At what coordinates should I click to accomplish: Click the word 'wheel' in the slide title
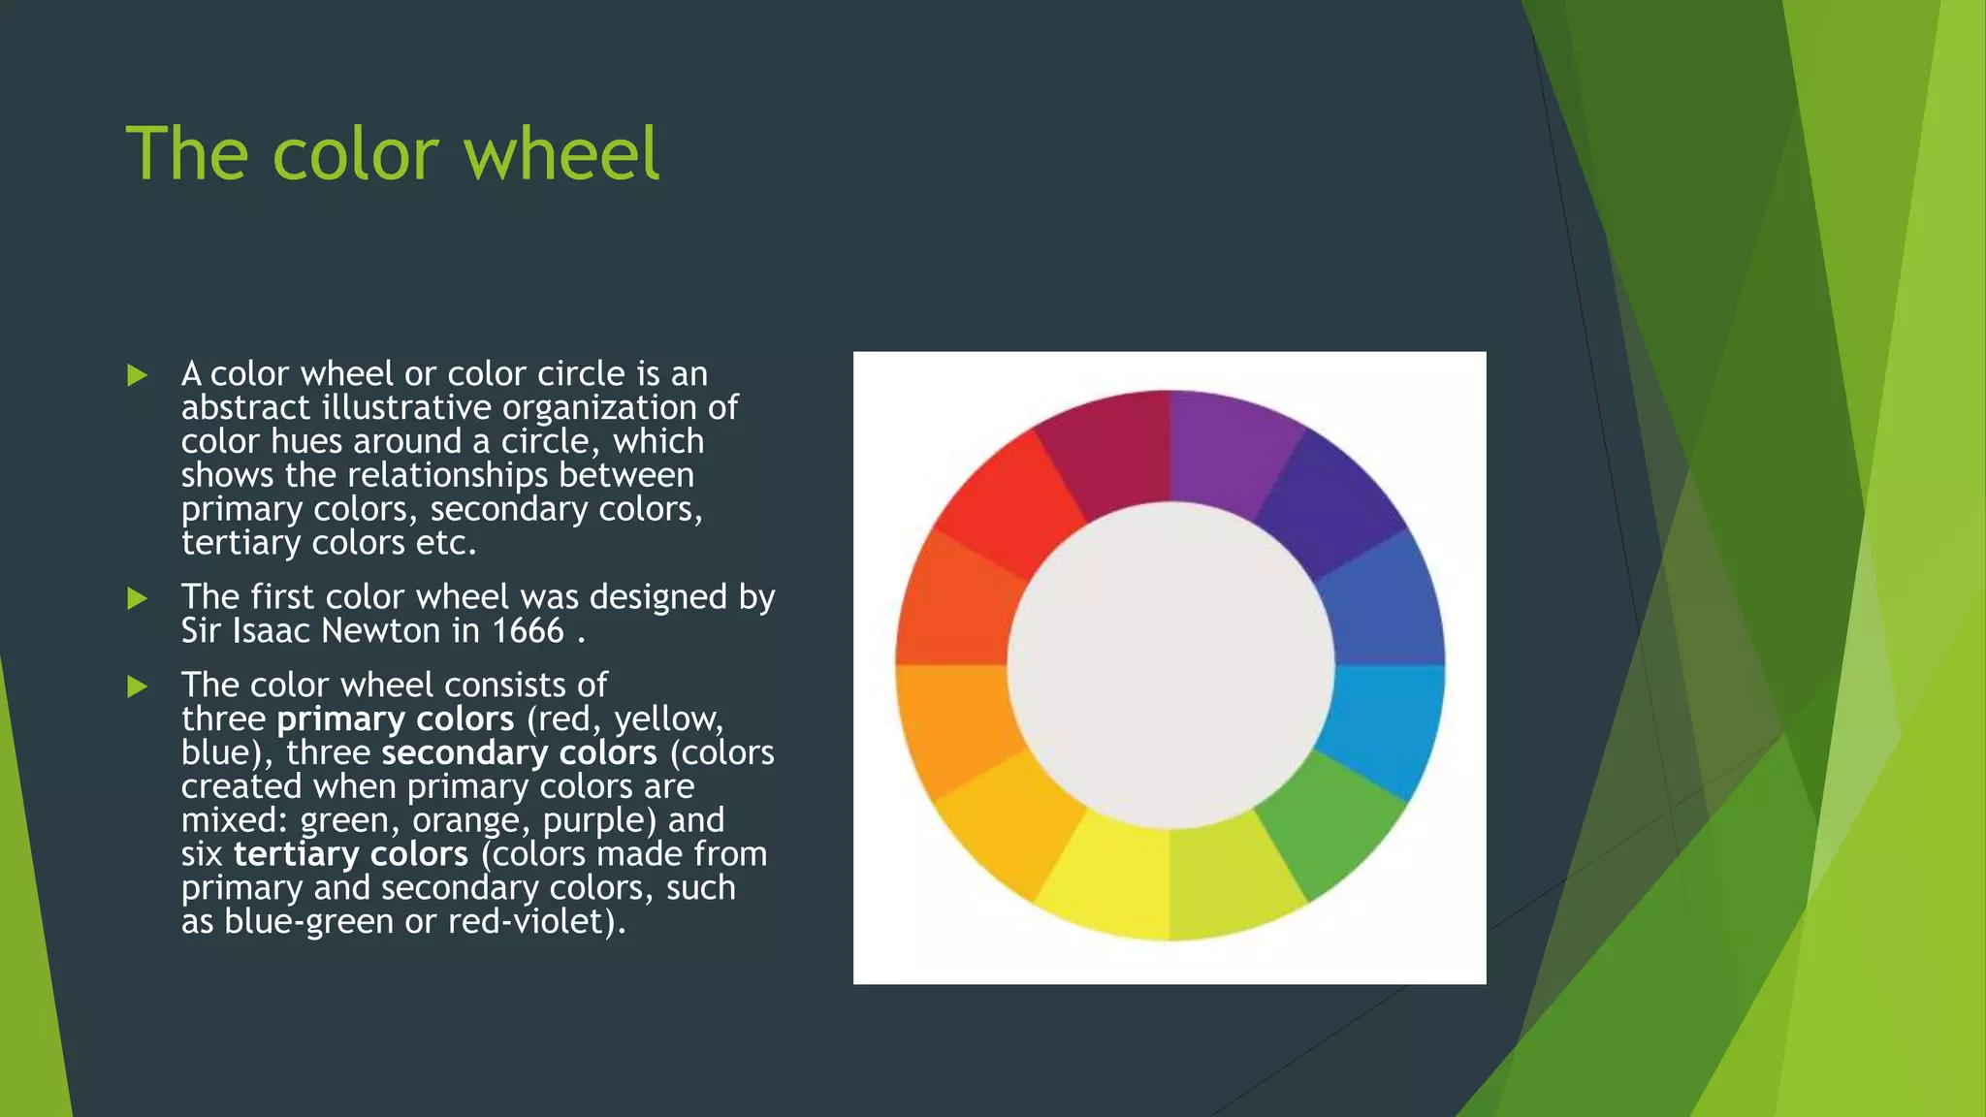tap(562, 153)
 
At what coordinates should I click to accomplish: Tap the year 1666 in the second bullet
tap(528, 631)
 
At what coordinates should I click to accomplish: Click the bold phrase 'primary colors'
tap(395, 719)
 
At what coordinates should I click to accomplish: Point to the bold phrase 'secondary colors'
tap(519, 753)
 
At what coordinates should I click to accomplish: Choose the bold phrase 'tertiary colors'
tap(351, 854)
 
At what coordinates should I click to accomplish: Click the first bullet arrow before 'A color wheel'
tap(137, 374)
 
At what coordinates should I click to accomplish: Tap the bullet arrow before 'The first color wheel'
tap(137, 598)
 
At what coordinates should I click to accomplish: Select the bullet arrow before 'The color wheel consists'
tap(137, 686)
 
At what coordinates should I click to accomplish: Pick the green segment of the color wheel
tap(1334, 824)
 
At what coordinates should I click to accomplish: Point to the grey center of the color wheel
tap(1170, 665)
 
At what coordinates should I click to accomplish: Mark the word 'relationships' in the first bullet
tap(448, 476)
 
